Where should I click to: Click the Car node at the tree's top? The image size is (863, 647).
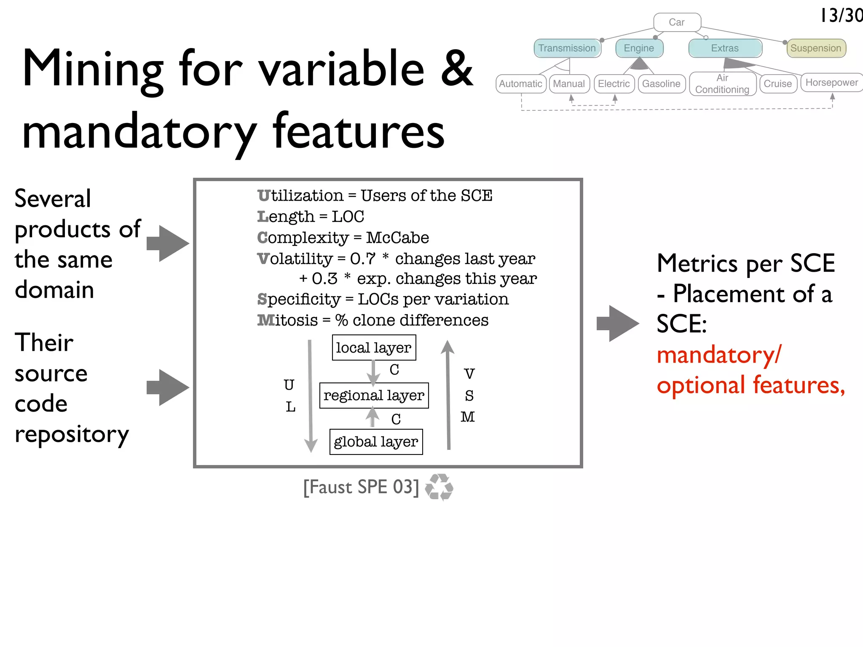click(677, 22)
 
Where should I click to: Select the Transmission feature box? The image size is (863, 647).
click(567, 48)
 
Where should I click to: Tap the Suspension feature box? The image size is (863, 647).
click(816, 48)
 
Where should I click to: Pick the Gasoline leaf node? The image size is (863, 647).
click(661, 84)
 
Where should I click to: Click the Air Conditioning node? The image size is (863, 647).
click(722, 84)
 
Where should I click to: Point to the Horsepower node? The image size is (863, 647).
click(831, 83)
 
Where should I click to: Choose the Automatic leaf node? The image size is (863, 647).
click(520, 84)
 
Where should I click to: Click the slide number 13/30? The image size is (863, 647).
click(841, 16)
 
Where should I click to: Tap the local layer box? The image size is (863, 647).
click(374, 348)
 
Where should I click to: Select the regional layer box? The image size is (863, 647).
click(374, 395)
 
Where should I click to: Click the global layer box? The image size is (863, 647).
click(376, 441)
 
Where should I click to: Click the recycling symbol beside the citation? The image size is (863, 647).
click(439, 487)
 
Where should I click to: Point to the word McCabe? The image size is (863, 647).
click(397, 238)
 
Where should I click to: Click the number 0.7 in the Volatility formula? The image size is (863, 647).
click(362, 259)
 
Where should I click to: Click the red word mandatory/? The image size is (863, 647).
click(719, 355)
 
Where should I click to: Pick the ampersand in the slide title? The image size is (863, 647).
click(457, 68)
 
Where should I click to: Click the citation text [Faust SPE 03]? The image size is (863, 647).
click(361, 487)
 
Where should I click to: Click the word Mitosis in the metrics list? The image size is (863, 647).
click(288, 320)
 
